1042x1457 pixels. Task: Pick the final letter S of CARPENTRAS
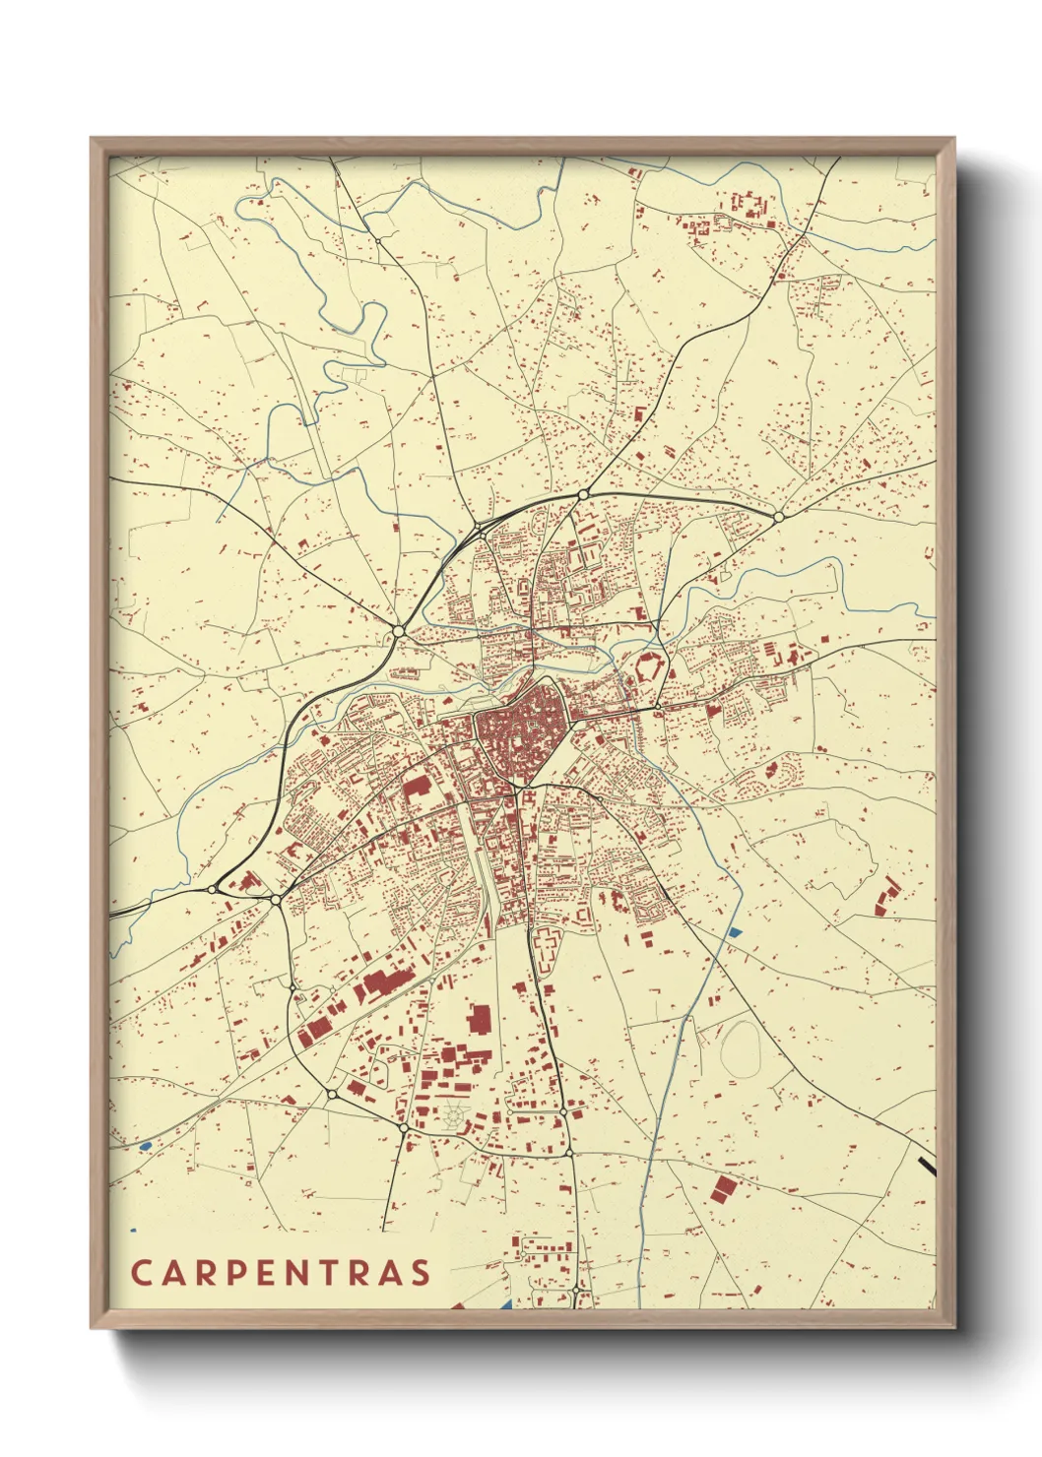click(x=422, y=1273)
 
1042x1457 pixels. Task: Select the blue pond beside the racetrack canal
click(x=734, y=931)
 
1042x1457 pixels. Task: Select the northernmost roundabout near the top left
click(x=378, y=240)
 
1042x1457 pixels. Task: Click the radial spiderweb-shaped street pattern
click(x=453, y=1116)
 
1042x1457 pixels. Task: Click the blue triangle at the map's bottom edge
click(x=505, y=1305)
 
